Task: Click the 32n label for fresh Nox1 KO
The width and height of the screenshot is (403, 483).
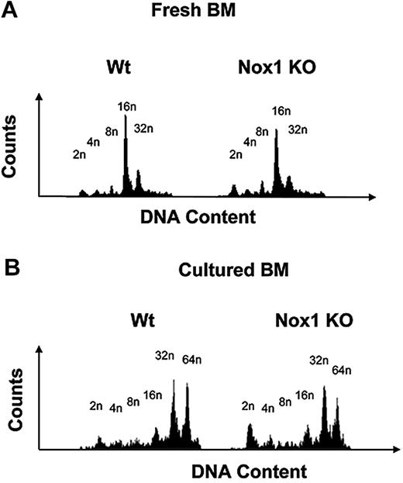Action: click(x=298, y=128)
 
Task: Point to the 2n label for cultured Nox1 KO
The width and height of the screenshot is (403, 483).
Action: click(x=248, y=405)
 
